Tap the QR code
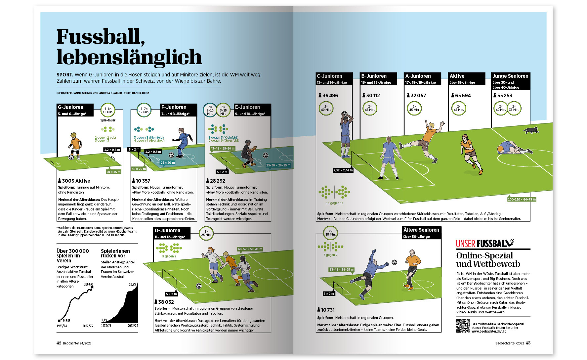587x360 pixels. tap(463, 326)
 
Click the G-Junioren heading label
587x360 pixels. tap(71, 107)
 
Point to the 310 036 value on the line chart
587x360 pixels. tap(88, 284)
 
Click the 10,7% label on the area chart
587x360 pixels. tap(132, 284)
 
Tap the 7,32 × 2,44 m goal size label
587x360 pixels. tap(343, 170)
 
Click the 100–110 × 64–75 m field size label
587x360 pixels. tap(522, 199)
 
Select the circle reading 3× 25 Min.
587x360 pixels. tap(206, 233)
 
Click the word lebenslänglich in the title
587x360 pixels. tap(129, 57)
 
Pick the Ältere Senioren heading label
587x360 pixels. tap(421, 230)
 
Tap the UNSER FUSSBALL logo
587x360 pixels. tap(485, 244)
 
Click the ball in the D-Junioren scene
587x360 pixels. tap(198, 286)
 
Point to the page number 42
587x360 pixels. tap(59, 343)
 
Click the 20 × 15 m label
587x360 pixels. tap(113, 172)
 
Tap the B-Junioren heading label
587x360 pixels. tap(374, 76)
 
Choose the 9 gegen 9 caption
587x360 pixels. tap(169, 256)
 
